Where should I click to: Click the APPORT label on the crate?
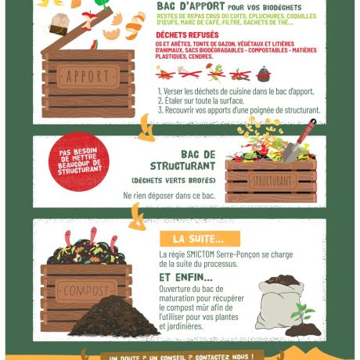88,77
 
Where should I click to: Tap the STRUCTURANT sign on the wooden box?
270,181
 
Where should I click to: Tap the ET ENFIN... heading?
185,277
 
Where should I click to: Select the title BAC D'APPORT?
191,6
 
